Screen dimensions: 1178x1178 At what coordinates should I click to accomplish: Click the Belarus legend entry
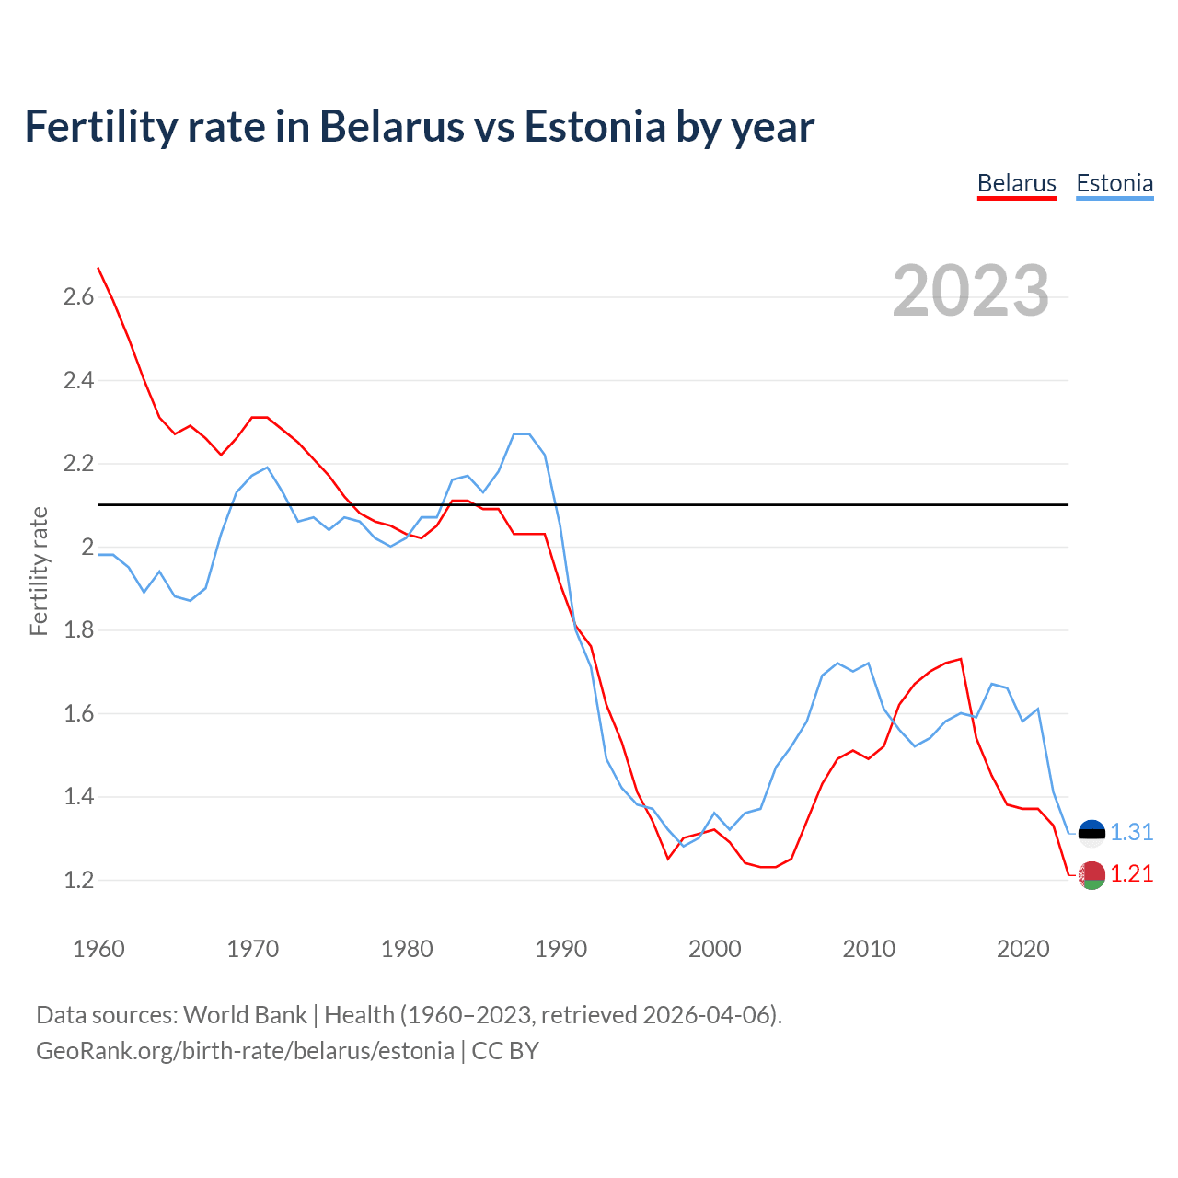coord(1016,183)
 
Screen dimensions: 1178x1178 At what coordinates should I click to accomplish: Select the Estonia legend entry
coord(1114,183)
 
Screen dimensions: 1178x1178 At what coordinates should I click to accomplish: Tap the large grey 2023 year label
coord(971,291)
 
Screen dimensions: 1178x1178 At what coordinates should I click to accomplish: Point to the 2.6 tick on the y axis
coord(78,296)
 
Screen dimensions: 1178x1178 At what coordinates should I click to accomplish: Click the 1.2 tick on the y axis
coord(78,880)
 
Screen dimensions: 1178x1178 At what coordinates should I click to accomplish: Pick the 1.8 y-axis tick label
coord(78,630)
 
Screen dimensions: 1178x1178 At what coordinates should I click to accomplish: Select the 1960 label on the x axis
coord(98,949)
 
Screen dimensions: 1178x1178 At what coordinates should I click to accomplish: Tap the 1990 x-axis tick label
coord(560,949)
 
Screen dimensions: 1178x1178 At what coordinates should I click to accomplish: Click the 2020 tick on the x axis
coord(1022,949)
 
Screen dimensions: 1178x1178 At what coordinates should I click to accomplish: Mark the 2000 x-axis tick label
coord(714,949)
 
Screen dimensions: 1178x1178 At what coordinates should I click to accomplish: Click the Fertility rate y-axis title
coord(39,571)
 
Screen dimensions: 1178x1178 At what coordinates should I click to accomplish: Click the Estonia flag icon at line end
coord(1091,833)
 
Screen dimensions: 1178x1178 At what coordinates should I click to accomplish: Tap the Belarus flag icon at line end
coord(1091,875)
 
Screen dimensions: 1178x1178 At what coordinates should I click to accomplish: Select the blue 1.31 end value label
coord(1131,832)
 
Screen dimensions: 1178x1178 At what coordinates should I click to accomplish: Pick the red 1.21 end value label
coord(1131,873)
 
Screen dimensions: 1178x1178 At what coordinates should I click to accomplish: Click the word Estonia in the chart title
coord(595,126)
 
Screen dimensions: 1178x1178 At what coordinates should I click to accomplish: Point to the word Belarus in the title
coord(391,126)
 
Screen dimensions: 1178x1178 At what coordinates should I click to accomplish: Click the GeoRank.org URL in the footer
coord(245,1051)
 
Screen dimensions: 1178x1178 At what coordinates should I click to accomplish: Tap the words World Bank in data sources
coord(245,1015)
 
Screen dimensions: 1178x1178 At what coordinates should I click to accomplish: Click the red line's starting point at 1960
coord(98,268)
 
